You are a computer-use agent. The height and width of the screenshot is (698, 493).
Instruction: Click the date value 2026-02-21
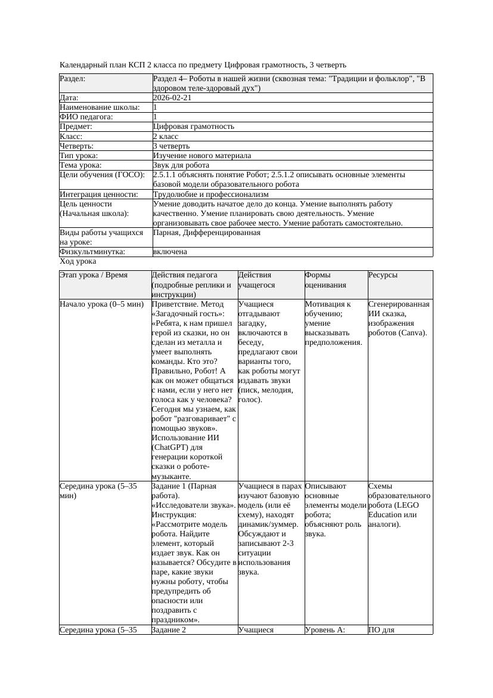[172, 98]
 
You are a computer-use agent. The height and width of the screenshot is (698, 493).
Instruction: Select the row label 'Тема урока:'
[80, 165]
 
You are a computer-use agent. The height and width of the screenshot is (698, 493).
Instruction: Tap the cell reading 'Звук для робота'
[181, 165]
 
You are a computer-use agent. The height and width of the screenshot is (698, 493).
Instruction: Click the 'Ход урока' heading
[78, 261]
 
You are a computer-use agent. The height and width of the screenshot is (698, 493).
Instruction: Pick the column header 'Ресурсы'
[383, 276]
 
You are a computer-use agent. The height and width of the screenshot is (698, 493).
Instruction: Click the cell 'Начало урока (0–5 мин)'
[102, 304]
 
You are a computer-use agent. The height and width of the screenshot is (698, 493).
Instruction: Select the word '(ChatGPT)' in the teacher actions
[169, 447]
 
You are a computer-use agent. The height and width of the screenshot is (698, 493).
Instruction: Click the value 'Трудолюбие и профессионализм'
[210, 194]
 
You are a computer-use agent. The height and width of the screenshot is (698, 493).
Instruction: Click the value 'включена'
[170, 252]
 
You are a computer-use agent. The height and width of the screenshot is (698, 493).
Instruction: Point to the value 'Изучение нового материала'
[202, 156]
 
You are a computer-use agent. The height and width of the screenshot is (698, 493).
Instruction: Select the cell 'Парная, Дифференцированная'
[206, 233]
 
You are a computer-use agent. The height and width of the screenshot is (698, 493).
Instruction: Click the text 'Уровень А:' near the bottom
[325, 629]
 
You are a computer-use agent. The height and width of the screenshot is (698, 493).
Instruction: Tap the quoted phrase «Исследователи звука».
[193, 505]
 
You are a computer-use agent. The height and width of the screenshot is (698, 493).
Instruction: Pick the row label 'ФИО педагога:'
[86, 117]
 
